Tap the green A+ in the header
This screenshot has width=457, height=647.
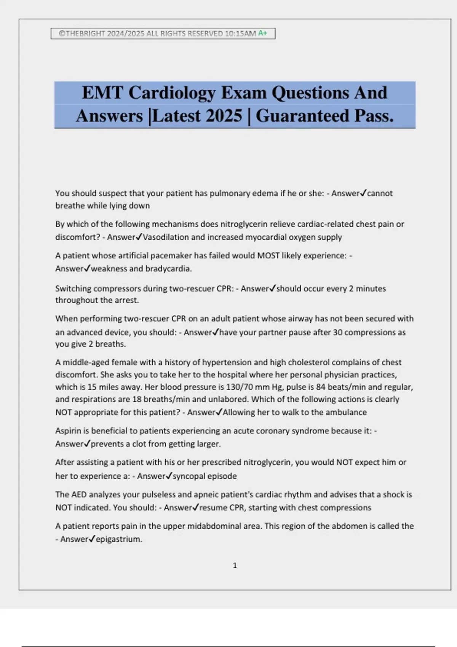coord(262,33)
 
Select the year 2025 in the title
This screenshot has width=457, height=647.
coord(224,116)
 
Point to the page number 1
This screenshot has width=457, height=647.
coord(235,566)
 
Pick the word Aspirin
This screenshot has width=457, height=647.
coord(68,431)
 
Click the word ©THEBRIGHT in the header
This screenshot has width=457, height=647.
coord(82,33)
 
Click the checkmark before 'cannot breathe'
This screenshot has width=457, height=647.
coord(363,193)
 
